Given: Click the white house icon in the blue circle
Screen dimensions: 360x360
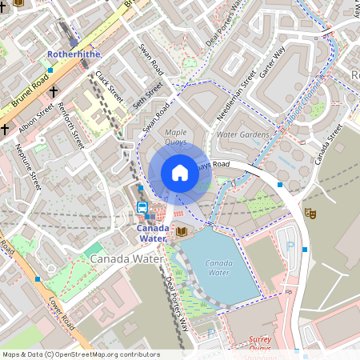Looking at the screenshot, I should coord(180,173).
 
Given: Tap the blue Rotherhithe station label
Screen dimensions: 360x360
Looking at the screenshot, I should coord(73,54).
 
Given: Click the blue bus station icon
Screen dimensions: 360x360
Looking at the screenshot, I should coord(142,207).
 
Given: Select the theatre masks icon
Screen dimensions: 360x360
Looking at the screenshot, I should coord(310,214).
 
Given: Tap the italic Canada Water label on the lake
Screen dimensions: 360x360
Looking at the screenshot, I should coord(218,267).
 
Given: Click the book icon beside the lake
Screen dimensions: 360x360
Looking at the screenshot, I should coord(182,232).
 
